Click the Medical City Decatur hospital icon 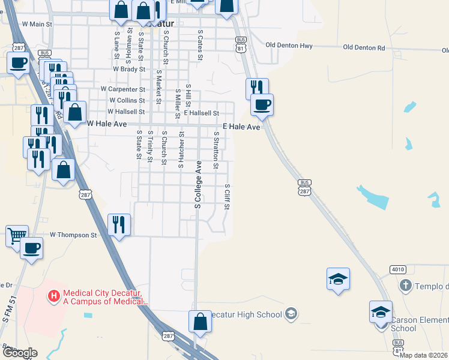[x=54, y=296]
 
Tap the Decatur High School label [x=252, y=314]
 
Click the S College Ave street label [x=197, y=185]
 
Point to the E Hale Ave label [x=241, y=127]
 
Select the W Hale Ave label [x=108, y=124]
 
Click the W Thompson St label [x=73, y=235]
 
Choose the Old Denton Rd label [x=363, y=47]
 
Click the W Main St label [x=37, y=25]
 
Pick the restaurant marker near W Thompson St [x=119, y=224]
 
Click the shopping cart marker [x=16, y=235]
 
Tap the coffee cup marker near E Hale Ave [x=262, y=104]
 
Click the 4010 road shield [x=397, y=269]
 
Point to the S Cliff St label [x=228, y=197]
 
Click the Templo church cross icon [x=406, y=286]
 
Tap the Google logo [x=20, y=353]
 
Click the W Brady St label [x=129, y=69]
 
